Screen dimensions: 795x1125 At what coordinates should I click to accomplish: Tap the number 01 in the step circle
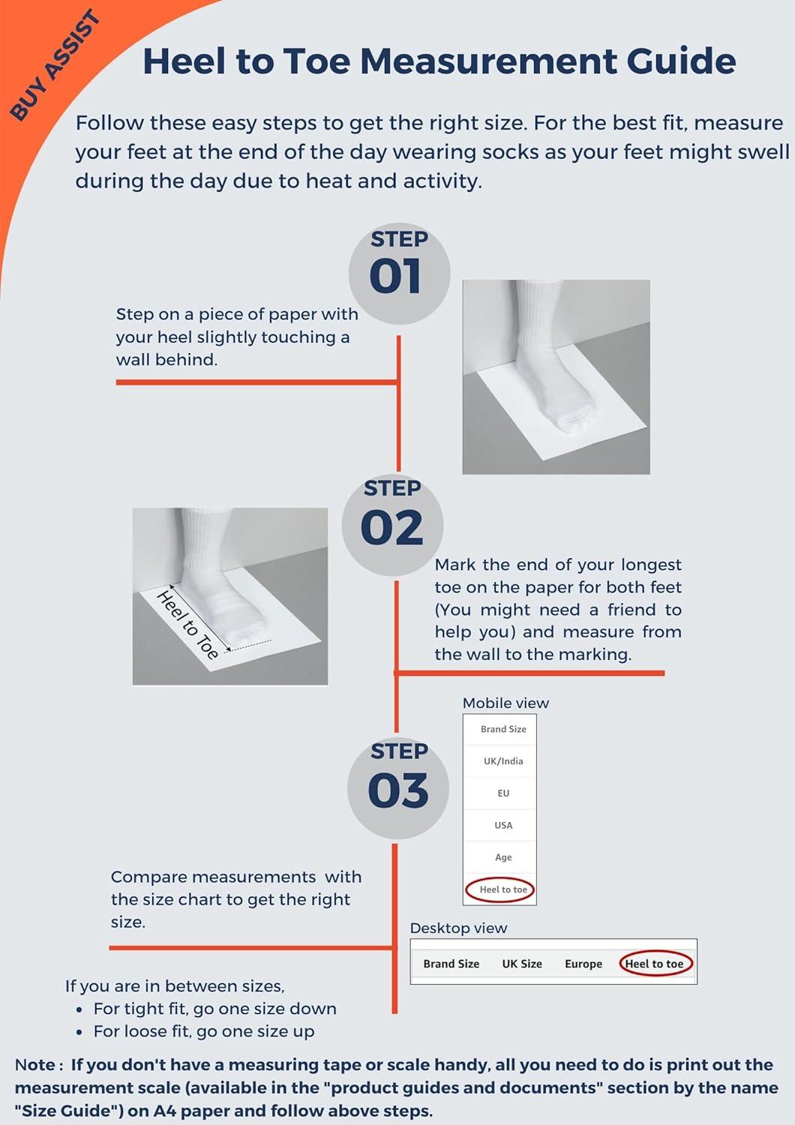(394, 277)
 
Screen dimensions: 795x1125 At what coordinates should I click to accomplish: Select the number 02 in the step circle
(391, 528)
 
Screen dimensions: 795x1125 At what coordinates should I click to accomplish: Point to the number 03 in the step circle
(398, 791)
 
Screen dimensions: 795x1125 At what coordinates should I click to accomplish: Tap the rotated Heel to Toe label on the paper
(187, 625)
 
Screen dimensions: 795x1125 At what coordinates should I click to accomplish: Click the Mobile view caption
(505, 703)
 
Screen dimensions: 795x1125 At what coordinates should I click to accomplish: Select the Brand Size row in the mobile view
(503, 729)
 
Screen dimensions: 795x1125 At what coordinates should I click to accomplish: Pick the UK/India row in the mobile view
(503, 761)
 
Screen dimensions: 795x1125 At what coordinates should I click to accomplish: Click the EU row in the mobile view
(503, 793)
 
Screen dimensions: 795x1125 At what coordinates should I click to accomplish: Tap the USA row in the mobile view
(503, 826)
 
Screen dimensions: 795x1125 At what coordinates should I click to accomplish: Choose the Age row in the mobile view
(503, 857)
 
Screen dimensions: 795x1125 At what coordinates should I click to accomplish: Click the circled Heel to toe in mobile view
(503, 889)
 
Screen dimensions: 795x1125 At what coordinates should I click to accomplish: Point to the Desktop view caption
(458, 928)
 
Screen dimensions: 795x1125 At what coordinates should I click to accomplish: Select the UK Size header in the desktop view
(522, 964)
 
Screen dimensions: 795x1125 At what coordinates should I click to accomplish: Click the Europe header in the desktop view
(583, 964)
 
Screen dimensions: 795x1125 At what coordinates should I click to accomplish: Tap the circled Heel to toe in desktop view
(655, 964)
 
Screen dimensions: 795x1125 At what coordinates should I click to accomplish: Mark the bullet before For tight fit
(79, 1010)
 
